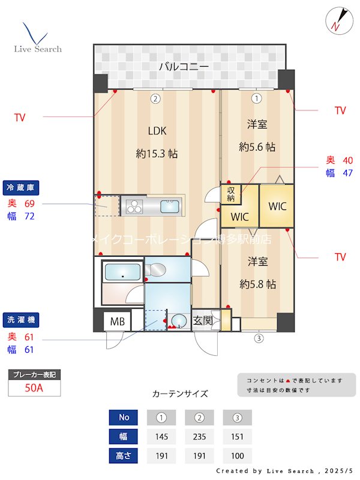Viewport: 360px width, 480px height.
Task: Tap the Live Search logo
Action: (37, 38)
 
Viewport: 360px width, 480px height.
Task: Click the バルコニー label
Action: (184, 67)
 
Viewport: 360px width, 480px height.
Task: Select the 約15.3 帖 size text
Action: (157, 154)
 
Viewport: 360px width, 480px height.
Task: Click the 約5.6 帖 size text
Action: (257, 146)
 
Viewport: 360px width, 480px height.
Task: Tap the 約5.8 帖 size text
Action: (257, 284)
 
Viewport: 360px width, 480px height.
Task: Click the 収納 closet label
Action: (231, 194)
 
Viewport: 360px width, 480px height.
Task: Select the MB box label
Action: (117, 322)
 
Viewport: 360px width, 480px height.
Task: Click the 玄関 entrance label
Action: (203, 321)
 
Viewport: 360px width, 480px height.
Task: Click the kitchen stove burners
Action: (134, 207)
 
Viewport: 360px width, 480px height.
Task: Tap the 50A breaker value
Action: (34, 388)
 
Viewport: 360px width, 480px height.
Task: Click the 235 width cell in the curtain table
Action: (200, 436)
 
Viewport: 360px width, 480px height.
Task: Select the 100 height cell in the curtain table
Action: (237, 455)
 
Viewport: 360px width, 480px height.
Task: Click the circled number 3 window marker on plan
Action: (259, 338)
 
